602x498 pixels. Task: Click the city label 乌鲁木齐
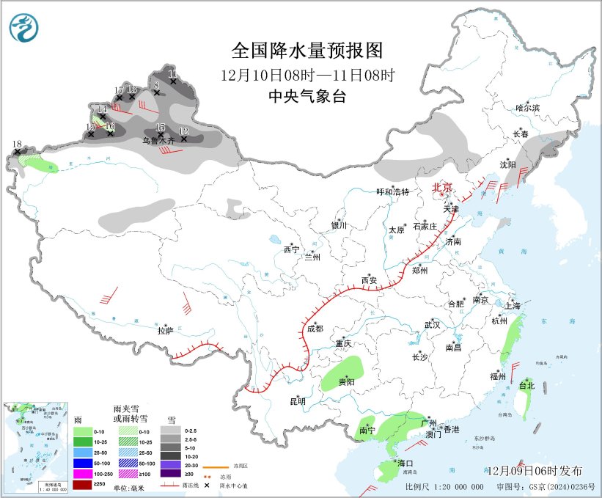click(158, 140)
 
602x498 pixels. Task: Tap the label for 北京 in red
click(443, 187)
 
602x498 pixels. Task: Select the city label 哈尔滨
click(526, 108)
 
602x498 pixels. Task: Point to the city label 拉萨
click(165, 331)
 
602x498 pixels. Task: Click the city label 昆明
click(297, 401)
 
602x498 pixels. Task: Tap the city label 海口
click(405, 464)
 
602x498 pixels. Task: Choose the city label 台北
click(526, 386)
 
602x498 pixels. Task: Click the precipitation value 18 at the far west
click(17, 144)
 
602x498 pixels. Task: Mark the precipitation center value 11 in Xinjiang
click(173, 73)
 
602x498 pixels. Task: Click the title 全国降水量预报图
click(307, 51)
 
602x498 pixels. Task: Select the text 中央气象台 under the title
click(307, 96)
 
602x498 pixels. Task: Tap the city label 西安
click(369, 280)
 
